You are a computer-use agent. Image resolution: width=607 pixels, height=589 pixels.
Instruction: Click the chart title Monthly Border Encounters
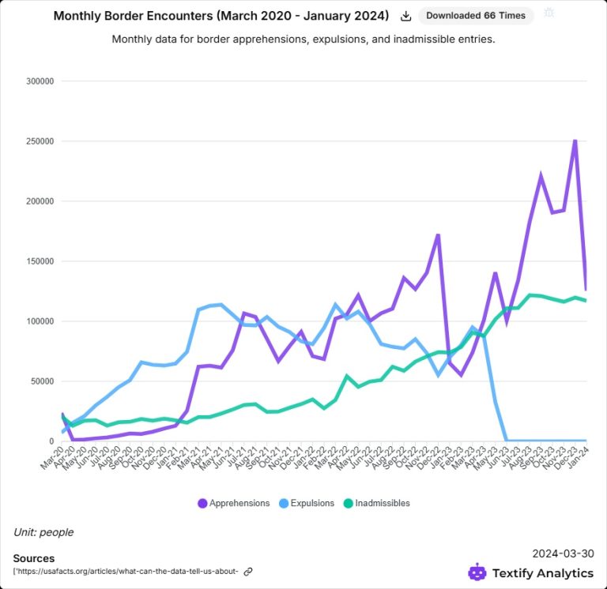[221, 16]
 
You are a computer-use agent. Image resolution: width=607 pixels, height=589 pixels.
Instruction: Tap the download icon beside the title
[406, 16]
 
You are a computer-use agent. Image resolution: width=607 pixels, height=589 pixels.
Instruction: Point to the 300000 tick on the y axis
[39, 81]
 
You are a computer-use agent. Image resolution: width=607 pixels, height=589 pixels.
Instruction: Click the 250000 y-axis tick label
[39, 141]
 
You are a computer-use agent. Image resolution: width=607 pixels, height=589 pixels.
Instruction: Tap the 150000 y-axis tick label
[39, 261]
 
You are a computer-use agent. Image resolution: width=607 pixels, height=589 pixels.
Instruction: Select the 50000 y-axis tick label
[41, 381]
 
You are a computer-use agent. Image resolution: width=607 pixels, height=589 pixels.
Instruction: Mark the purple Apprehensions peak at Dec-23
[575, 140]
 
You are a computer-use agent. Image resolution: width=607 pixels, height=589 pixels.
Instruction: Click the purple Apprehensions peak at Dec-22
[438, 234]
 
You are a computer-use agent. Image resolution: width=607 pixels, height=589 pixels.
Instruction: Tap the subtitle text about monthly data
[303, 39]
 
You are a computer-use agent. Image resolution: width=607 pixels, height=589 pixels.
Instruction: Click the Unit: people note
[43, 532]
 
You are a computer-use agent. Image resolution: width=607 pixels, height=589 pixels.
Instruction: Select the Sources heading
[34, 558]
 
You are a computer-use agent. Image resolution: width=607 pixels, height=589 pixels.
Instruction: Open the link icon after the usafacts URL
[248, 572]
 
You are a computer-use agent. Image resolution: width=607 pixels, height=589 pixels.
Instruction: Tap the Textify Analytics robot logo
[477, 572]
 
